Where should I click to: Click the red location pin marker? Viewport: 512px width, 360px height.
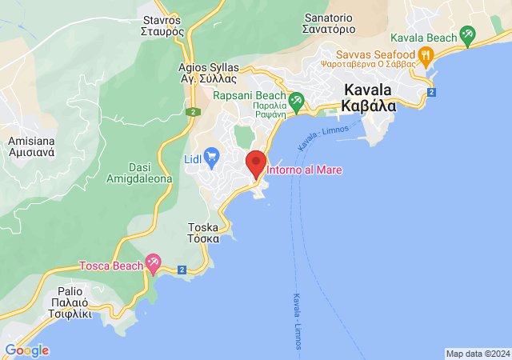click(255, 163)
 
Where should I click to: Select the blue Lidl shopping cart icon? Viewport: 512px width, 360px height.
click(211, 154)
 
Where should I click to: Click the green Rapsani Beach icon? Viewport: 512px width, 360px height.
click(297, 102)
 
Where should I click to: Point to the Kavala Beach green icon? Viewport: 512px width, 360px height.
click(467, 35)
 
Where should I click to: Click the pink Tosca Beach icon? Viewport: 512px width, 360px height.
click(153, 263)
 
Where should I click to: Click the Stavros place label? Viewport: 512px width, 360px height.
click(163, 26)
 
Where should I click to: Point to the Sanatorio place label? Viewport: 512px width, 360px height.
click(329, 22)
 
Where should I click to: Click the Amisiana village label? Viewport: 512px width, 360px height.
click(30, 146)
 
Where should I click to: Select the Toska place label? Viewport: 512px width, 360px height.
click(202, 233)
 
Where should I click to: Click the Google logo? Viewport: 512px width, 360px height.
click(26, 350)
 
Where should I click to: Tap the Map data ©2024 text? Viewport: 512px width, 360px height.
click(477, 354)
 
